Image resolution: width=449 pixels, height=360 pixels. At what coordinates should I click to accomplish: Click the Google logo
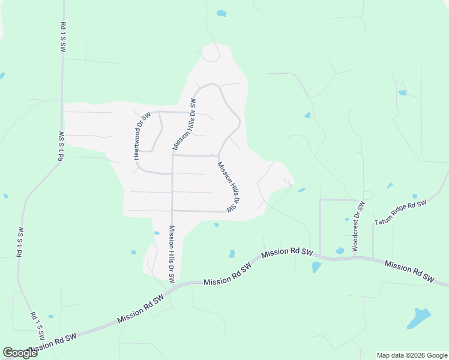(20, 353)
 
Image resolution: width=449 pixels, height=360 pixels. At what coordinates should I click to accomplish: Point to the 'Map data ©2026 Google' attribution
(412, 355)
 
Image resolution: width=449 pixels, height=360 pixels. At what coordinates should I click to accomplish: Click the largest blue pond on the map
(419, 317)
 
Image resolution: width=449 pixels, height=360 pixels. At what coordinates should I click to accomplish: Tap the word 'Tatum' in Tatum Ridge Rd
(385, 220)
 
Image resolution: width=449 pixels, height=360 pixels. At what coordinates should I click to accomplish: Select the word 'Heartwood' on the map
(138, 144)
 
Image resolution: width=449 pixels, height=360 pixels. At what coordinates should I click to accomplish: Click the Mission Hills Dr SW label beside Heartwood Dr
(185, 124)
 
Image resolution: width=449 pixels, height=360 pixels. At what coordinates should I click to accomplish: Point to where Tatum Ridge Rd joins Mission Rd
(374, 259)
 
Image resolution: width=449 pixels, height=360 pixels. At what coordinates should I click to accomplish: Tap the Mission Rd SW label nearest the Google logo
(53, 343)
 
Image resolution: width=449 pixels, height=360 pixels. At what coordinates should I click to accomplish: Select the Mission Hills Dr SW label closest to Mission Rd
(172, 254)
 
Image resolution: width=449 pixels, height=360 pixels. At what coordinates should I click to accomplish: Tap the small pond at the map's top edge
(221, 13)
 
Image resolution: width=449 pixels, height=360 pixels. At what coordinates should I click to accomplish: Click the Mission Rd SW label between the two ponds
(288, 254)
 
